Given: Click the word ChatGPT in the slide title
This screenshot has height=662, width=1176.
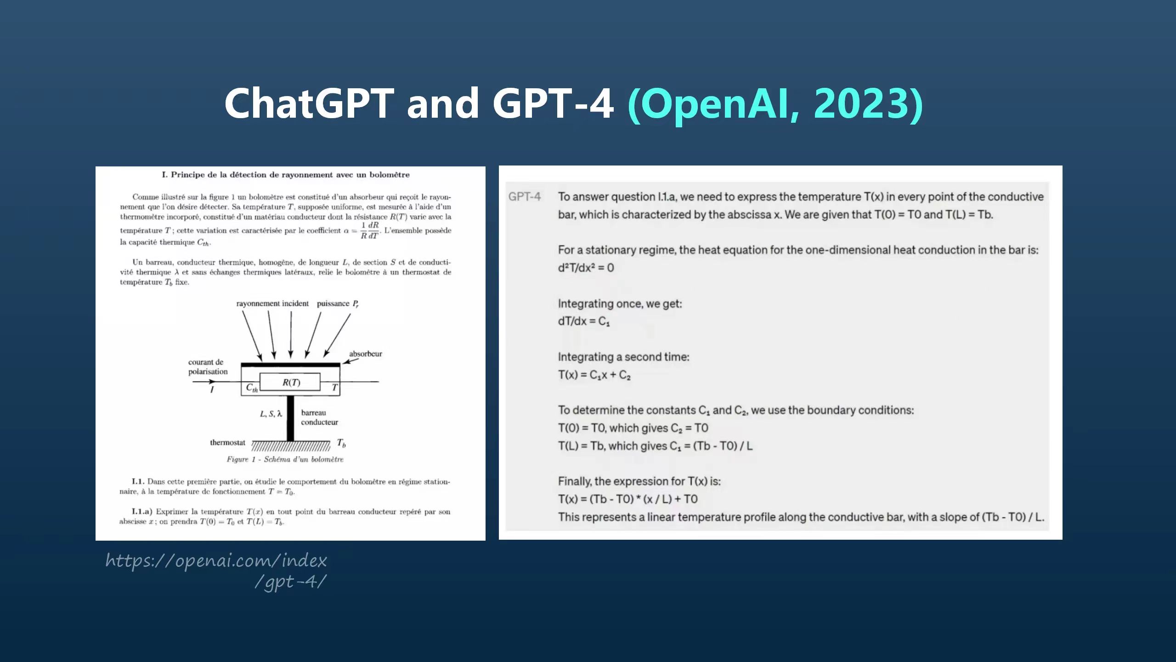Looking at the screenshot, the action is (309, 103).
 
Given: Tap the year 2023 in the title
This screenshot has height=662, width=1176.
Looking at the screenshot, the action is (862, 103).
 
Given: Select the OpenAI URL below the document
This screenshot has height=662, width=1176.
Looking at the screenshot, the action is (216, 571).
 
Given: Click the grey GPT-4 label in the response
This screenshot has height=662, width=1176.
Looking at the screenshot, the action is (525, 197).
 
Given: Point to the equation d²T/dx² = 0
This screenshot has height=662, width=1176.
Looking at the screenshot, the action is (586, 268).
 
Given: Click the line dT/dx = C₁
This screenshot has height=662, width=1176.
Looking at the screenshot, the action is (584, 321).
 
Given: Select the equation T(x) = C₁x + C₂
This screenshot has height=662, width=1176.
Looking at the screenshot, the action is (594, 375).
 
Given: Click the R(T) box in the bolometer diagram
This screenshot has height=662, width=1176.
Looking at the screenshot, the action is (290, 382).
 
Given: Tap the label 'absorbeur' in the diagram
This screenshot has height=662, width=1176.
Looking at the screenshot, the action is (365, 354).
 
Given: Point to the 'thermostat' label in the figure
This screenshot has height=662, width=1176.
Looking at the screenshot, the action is (228, 443).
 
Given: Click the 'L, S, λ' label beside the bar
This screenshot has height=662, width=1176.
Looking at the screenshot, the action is (271, 414).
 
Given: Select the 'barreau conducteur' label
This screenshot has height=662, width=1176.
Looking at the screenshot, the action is (319, 417).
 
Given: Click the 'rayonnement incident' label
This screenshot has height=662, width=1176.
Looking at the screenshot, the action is (272, 303).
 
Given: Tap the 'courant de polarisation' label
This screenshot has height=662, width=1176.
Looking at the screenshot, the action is (208, 367).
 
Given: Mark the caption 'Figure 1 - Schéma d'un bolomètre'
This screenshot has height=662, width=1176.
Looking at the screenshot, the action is (285, 459).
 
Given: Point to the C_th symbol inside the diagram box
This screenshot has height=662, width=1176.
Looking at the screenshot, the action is (252, 388).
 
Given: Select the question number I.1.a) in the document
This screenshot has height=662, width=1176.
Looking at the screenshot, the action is (141, 512).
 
